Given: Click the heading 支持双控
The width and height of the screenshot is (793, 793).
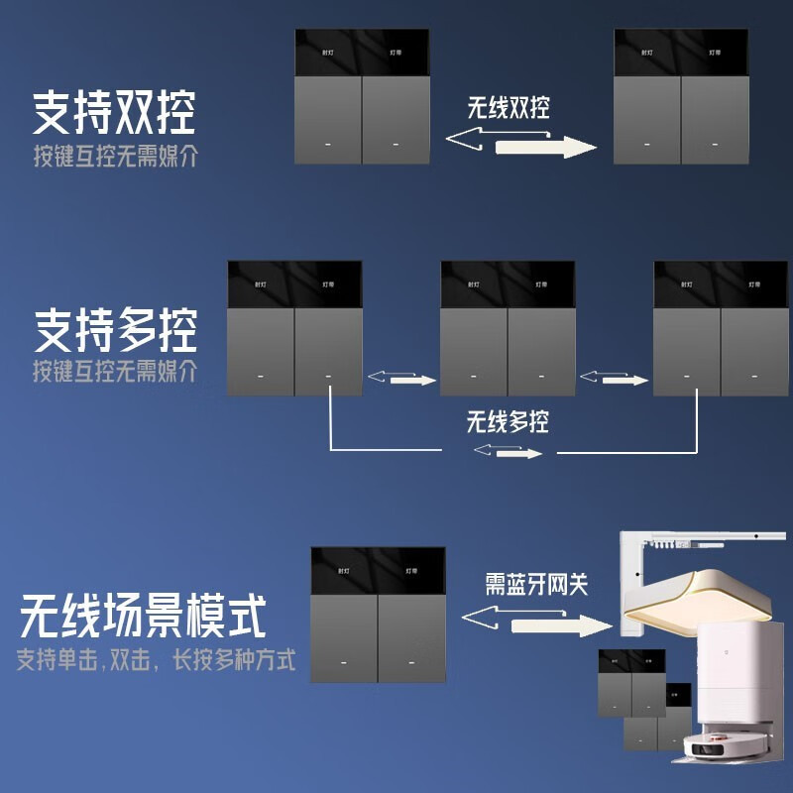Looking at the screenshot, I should (x=114, y=114).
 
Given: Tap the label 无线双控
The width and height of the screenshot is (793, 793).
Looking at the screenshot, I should (x=509, y=107).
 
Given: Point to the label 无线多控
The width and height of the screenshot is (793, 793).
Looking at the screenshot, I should (x=508, y=422).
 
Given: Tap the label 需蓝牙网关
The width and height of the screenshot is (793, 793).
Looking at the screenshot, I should (x=536, y=584).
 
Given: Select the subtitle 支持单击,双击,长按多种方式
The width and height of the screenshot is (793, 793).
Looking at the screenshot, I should (x=156, y=660).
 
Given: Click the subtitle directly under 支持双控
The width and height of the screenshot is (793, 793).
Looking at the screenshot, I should (x=114, y=157).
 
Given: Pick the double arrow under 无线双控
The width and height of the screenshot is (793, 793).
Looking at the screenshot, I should (x=521, y=145).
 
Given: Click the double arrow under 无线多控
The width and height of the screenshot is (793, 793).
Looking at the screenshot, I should (x=508, y=452).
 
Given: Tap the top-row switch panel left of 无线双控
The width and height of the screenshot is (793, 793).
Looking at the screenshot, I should (x=362, y=96).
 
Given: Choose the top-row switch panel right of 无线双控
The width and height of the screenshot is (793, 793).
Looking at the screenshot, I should (x=681, y=96).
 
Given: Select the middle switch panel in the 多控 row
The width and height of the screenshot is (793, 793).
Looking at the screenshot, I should (x=508, y=328).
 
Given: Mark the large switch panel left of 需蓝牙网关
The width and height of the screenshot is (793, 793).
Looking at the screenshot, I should (x=378, y=614).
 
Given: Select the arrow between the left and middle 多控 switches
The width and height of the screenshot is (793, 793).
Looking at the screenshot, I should (x=401, y=378).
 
